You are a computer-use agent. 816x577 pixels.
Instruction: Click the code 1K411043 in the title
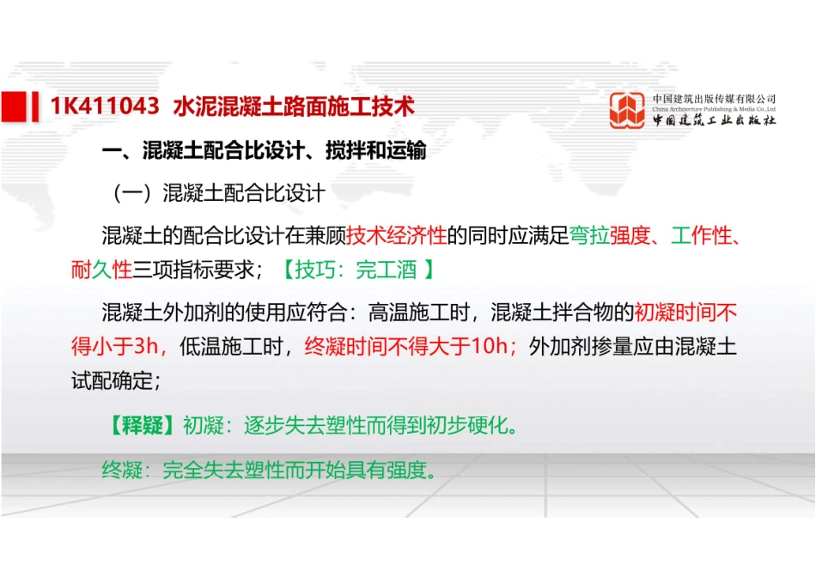click(105, 106)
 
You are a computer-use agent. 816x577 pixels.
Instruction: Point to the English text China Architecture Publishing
click(714, 110)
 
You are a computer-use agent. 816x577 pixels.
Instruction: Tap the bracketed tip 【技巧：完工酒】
click(356, 270)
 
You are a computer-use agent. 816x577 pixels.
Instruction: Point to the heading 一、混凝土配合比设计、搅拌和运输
click(264, 152)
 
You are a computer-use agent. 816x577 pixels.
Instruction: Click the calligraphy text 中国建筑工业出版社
click(714, 122)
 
